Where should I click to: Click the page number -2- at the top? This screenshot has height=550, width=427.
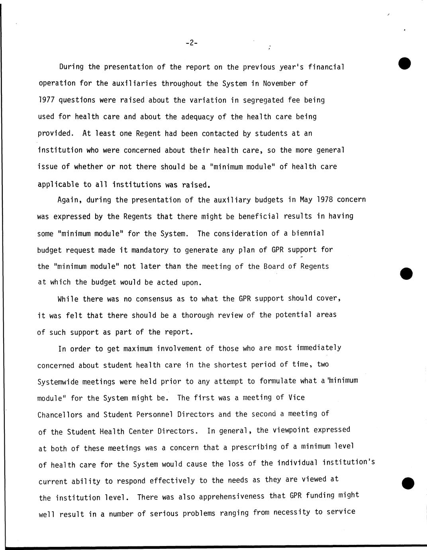click(x=191, y=43)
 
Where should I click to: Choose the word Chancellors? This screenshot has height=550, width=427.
click(x=60, y=414)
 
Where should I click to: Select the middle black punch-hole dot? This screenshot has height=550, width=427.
click(x=406, y=274)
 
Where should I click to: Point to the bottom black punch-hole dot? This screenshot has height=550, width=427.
click(x=408, y=483)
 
